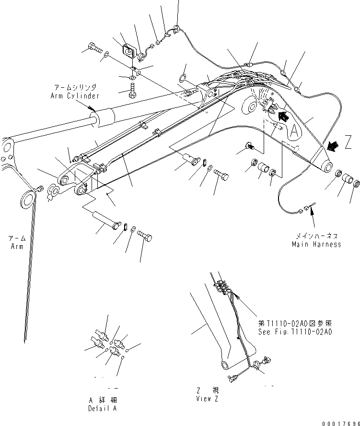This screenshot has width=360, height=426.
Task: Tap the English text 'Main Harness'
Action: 316,244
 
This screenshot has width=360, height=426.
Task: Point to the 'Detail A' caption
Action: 102,408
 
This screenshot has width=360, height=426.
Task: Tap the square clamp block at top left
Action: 128,50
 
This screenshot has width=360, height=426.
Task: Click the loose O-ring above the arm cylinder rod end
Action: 183,77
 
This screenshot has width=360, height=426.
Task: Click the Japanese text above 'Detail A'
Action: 102,400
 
